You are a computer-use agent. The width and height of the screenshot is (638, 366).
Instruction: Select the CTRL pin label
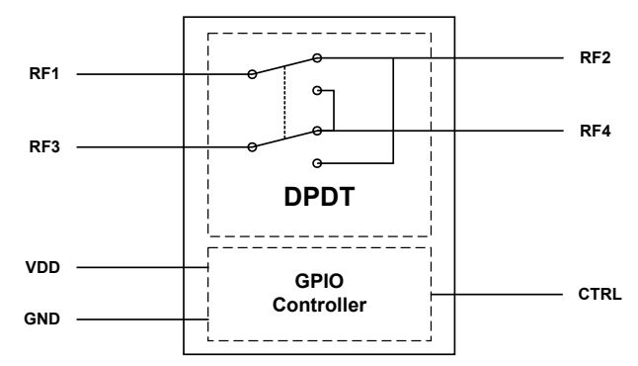[596, 294]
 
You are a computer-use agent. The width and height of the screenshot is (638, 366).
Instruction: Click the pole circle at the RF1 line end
[253, 73]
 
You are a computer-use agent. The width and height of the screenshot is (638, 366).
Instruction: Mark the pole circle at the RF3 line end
[253, 146]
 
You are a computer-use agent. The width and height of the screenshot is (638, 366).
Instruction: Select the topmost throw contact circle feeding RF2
[316, 57]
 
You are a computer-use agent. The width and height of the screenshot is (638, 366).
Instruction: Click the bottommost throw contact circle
[316, 162]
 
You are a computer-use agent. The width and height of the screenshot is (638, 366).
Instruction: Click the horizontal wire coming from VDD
[138, 267]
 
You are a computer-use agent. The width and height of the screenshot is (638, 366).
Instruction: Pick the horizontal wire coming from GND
[138, 320]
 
